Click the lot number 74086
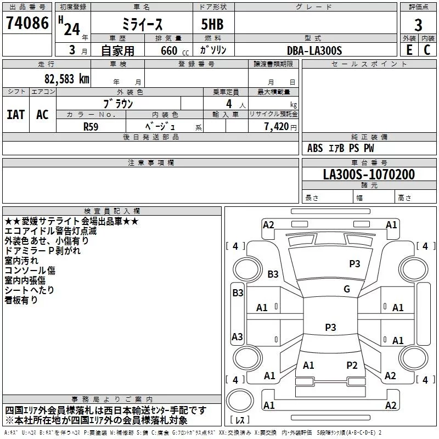(x=27, y=23)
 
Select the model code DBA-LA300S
(x=314, y=50)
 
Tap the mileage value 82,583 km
(x=66, y=79)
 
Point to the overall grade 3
(x=418, y=25)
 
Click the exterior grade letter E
(x=409, y=50)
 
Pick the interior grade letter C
(x=427, y=50)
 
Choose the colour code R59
(x=91, y=127)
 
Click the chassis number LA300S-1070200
(x=369, y=174)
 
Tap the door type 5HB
(x=212, y=24)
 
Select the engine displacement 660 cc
(x=175, y=50)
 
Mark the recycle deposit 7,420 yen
(x=280, y=127)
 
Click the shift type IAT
(x=16, y=115)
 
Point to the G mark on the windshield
(x=347, y=289)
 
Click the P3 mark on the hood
(x=354, y=263)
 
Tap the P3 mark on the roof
(x=330, y=327)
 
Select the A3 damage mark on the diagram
(x=237, y=336)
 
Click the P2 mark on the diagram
(x=352, y=365)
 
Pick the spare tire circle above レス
(x=240, y=401)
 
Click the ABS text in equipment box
(x=315, y=148)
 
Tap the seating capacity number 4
(x=229, y=104)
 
